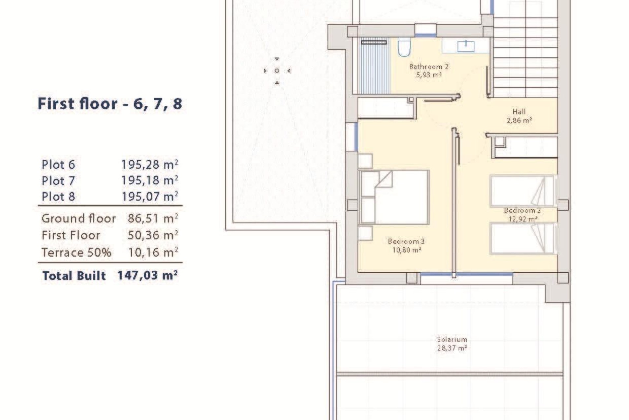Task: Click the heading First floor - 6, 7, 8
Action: [110, 104]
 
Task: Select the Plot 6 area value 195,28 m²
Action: [149, 164]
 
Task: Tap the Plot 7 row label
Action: [58, 181]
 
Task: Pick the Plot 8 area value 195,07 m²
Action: [149, 197]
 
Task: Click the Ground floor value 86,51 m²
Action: [152, 219]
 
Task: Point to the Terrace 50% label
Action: [76, 252]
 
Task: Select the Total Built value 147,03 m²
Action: [147, 275]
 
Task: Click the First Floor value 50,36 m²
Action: [152, 235]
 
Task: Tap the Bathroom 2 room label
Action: [429, 67]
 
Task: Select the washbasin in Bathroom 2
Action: [466, 46]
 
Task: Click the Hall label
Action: [519, 112]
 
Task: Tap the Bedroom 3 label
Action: [406, 241]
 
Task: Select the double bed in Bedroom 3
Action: [394, 197]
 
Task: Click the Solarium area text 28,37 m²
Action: [452, 348]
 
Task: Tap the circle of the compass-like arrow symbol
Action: [277, 71]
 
